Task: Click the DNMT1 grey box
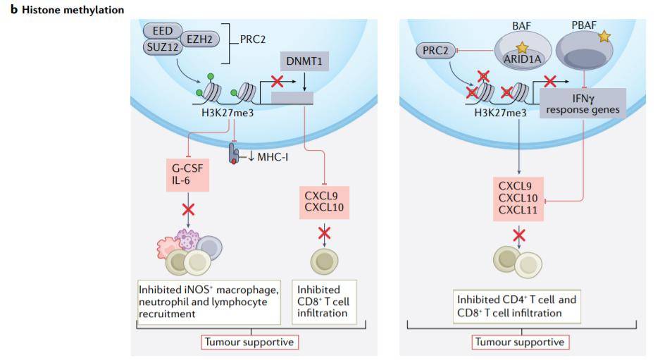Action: click(304, 62)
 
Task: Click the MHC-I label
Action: click(267, 155)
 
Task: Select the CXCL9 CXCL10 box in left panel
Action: click(323, 201)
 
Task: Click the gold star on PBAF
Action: click(603, 36)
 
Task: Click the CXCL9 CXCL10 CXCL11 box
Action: click(518, 199)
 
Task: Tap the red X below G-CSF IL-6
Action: click(188, 209)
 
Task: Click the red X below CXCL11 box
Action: click(519, 235)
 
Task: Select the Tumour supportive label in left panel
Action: click(249, 342)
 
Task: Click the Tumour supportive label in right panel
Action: click(520, 342)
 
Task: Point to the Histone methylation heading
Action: click(67, 10)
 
